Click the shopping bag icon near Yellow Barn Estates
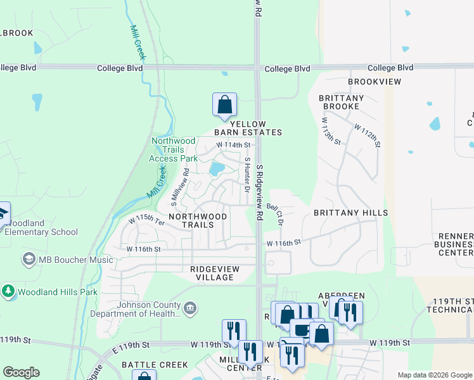coord(224,104)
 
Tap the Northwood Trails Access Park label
coord(173,149)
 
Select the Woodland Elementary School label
coord(41,228)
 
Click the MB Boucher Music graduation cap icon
coord(29,259)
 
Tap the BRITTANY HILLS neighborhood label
coord(350,213)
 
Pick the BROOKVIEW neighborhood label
coord(375,82)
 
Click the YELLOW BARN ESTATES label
coord(248,128)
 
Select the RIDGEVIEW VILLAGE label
coord(215,273)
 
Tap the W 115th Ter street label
coord(146,221)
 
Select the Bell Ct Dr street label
coord(275,214)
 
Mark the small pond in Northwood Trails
coord(217,168)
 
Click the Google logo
coord(21,372)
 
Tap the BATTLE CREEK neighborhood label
coord(155,365)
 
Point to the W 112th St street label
coord(368,136)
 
